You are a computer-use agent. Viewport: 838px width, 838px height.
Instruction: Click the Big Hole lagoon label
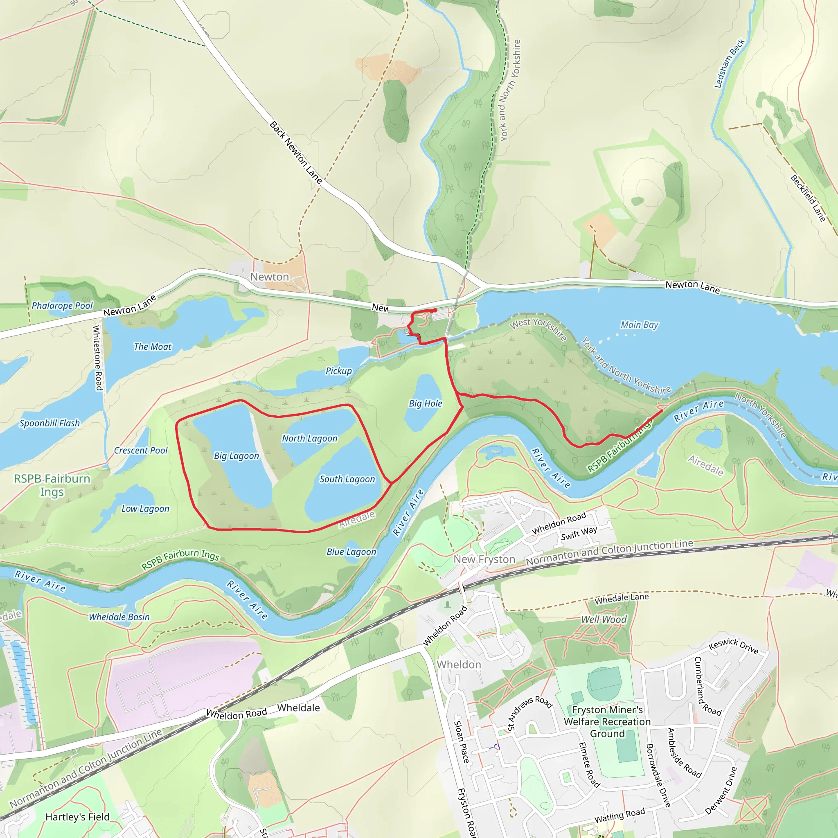click(x=425, y=403)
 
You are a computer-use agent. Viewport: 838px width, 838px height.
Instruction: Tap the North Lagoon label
click(x=309, y=439)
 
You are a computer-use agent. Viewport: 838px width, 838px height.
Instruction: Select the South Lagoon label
click(x=347, y=479)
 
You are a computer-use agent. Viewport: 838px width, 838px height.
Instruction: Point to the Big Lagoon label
click(x=236, y=456)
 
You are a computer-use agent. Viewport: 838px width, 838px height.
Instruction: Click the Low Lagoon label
click(x=145, y=509)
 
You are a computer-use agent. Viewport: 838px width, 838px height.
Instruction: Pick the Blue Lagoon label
click(x=351, y=552)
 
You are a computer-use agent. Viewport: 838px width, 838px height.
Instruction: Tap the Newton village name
click(x=269, y=277)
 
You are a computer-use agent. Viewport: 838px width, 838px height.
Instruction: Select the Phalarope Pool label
click(x=62, y=306)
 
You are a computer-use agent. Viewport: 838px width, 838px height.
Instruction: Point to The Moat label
click(x=152, y=347)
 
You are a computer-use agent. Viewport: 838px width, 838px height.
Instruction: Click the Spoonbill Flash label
click(x=50, y=424)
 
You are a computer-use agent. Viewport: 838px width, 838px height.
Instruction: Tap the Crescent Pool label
click(x=140, y=451)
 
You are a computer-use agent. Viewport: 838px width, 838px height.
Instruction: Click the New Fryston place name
click(x=484, y=559)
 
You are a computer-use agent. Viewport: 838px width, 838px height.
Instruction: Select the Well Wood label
click(x=604, y=619)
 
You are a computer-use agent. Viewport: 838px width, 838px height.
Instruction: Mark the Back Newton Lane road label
click(x=296, y=152)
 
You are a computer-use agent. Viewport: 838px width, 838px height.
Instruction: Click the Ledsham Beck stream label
click(x=729, y=63)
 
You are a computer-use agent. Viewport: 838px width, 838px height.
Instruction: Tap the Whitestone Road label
click(x=99, y=358)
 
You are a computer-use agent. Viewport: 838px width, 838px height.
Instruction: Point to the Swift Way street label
click(x=579, y=534)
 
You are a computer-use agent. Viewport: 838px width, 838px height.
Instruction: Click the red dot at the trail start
click(x=435, y=311)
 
